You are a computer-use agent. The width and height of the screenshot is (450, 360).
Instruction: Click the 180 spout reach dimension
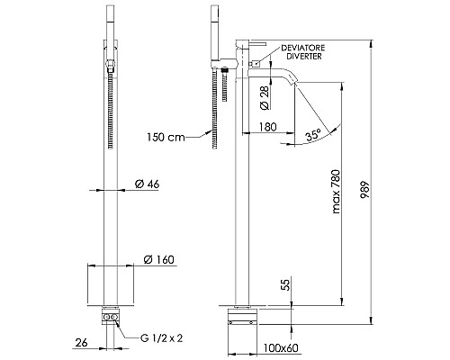265,128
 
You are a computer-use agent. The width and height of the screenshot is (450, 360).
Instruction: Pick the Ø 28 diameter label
265,91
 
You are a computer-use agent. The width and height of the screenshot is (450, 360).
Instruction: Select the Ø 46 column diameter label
146,184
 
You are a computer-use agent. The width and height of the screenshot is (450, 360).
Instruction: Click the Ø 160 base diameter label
157,260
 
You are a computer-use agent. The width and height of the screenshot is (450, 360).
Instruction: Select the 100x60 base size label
281,346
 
